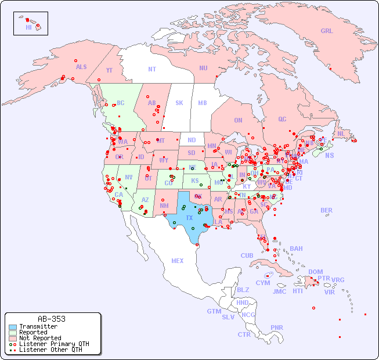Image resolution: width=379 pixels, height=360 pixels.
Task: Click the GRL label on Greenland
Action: (x=327, y=31)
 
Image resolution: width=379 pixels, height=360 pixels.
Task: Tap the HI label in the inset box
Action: (x=28, y=27)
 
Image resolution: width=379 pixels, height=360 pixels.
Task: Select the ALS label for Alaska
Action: (x=81, y=67)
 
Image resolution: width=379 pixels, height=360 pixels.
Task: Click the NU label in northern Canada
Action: (x=203, y=68)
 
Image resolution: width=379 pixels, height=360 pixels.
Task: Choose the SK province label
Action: (x=179, y=103)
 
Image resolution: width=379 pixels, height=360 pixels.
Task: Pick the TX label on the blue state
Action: (x=189, y=218)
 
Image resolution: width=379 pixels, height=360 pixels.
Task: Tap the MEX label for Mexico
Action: (x=178, y=261)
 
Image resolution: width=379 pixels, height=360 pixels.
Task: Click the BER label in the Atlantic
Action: (x=326, y=210)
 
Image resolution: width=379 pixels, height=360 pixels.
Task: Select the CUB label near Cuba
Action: (x=247, y=255)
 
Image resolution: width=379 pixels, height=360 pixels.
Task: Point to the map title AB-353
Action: (x=51, y=319)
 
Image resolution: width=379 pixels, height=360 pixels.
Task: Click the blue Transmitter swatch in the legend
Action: (x=13, y=327)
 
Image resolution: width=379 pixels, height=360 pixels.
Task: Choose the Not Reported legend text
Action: (x=40, y=338)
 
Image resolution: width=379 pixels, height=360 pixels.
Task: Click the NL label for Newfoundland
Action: (x=341, y=133)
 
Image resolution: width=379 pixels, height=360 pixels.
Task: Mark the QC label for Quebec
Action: (x=282, y=119)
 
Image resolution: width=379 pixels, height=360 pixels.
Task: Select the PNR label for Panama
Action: (x=277, y=327)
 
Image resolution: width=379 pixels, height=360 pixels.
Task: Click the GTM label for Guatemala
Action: (x=214, y=311)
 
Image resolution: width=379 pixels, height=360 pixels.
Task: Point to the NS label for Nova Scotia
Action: (x=329, y=155)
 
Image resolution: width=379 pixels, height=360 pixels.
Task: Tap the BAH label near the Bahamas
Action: (x=296, y=249)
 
